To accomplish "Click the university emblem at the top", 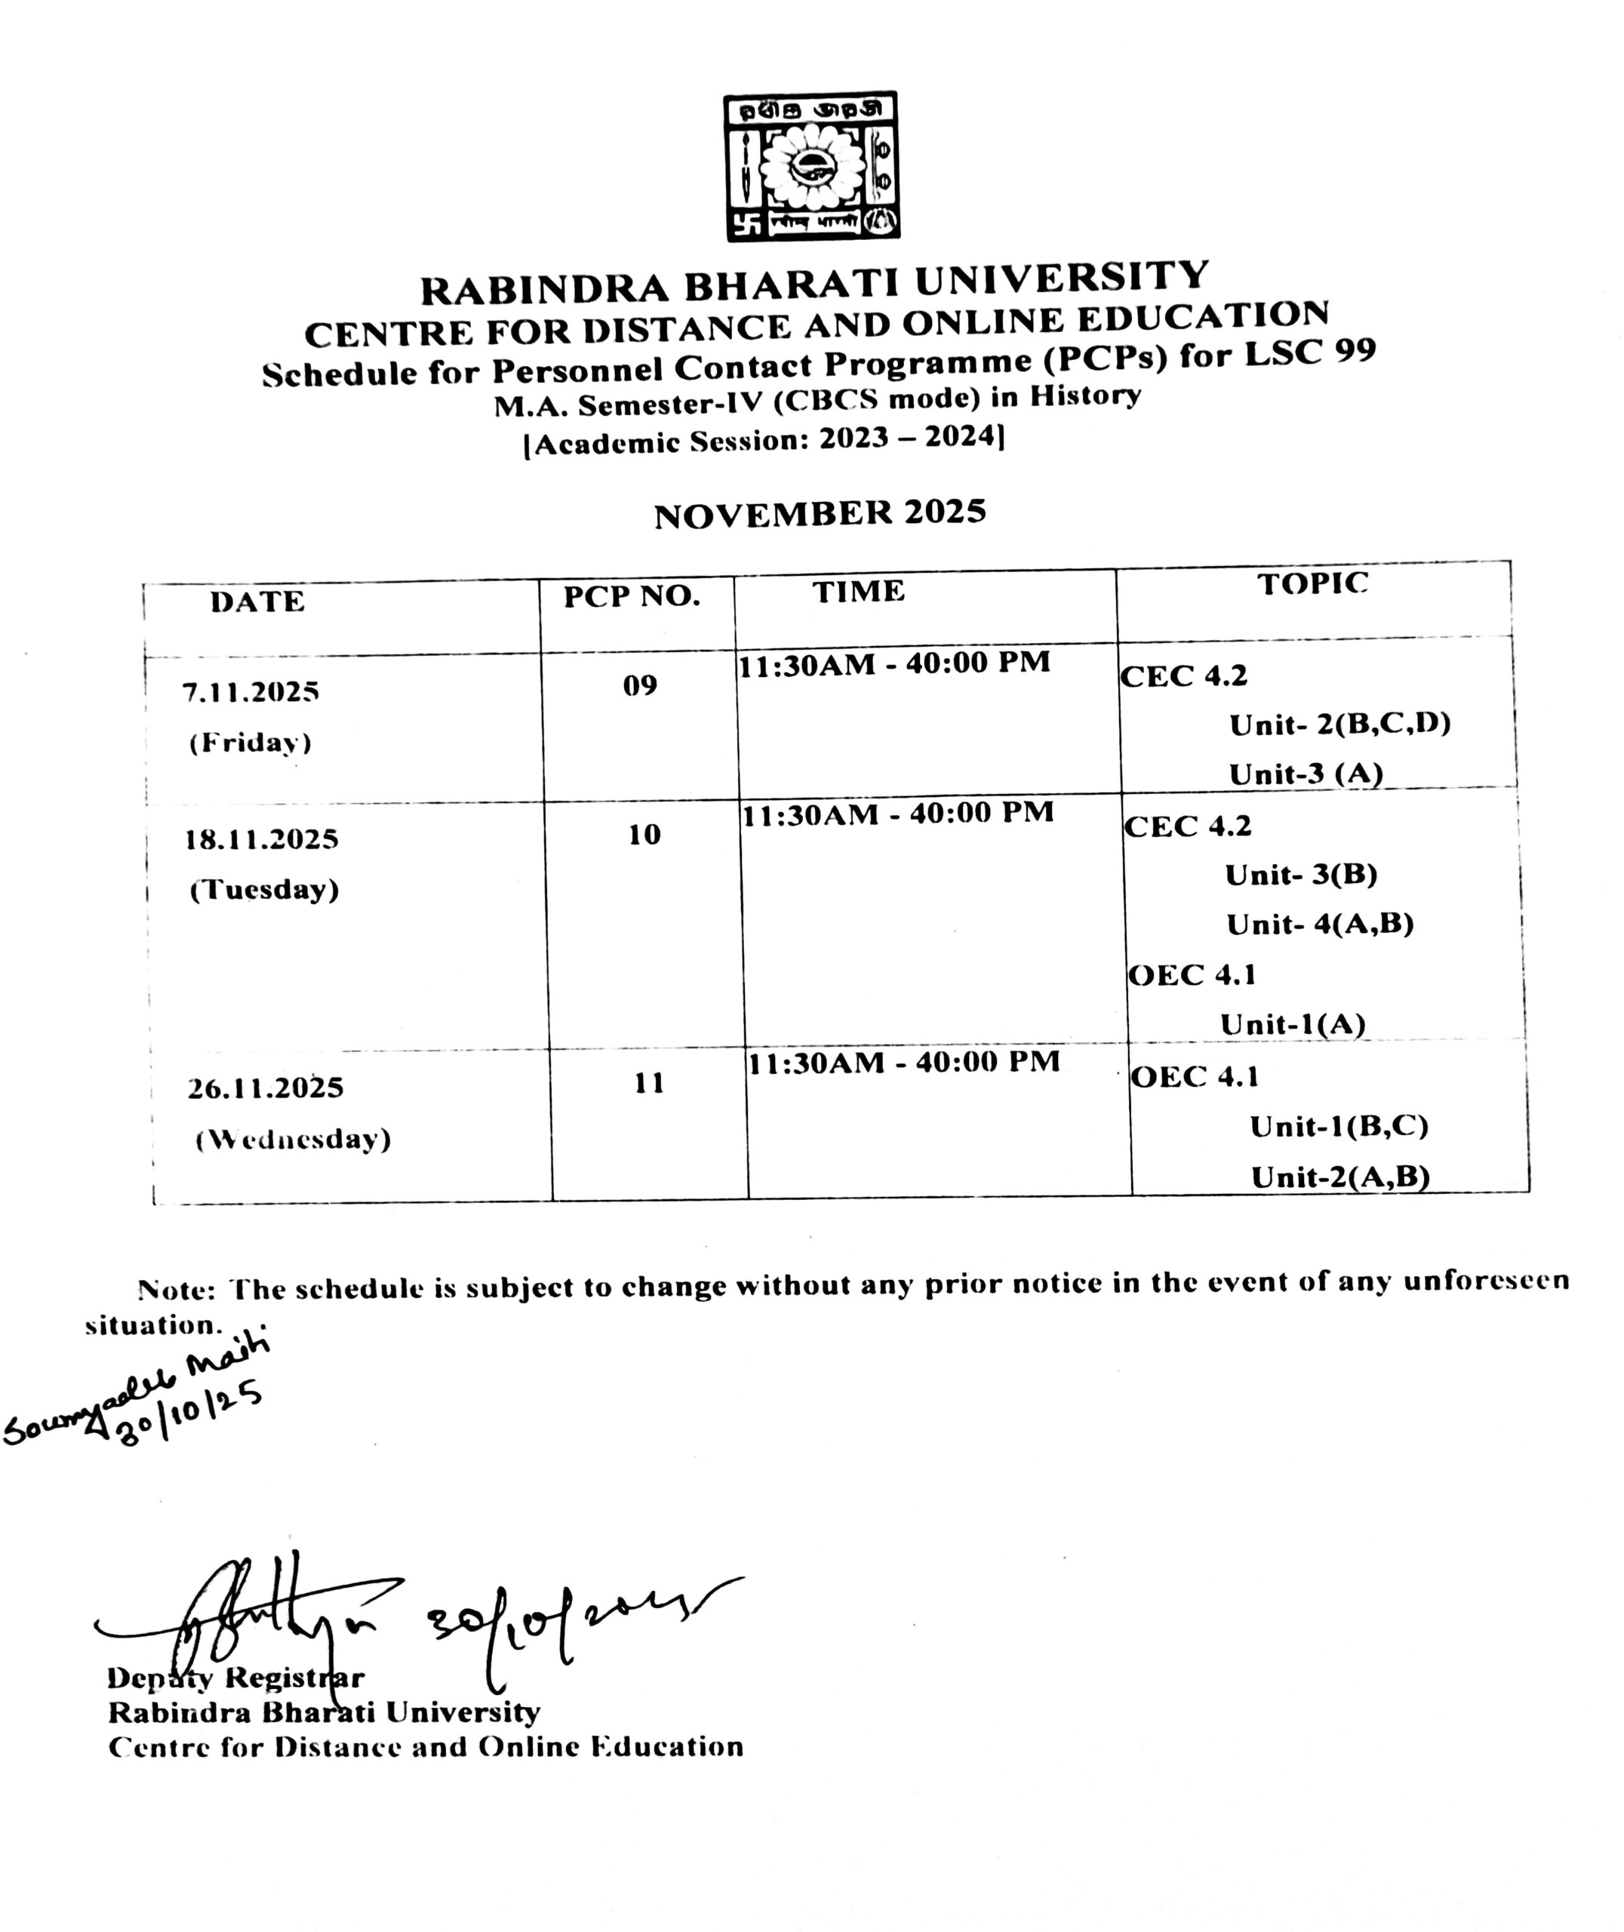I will [x=811, y=167].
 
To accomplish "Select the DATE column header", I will [x=257, y=602].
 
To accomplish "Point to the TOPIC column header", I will [x=1313, y=583].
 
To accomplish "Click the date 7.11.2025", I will [x=251, y=692].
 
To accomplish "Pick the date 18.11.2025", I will [x=261, y=839].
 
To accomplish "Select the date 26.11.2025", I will [x=265, y=1088].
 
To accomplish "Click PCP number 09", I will [x=640, y=686].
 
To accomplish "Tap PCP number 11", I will [x=649, y=1084].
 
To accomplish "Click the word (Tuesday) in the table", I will [x=264, y=890].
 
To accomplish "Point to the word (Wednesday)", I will [x=293, y=1140].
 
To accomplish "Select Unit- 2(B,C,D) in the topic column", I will [x=1339, y=725].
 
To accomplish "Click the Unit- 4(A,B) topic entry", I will [x=1319, y=924].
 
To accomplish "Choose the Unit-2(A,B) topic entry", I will [x=1339, y=1177].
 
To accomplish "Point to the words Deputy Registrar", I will [x=235, y=1678].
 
